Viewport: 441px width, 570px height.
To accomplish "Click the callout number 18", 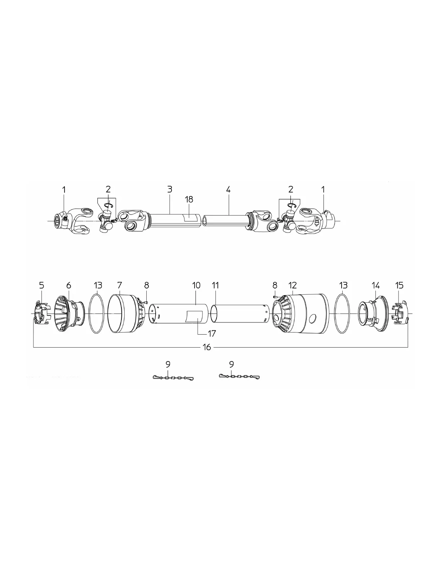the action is (x=189, y=199).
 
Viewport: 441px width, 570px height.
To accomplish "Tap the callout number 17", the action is (x=212, y=333).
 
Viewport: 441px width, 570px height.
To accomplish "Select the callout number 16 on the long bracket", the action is (x=207, y=347).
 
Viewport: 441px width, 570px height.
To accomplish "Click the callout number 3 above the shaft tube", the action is (x=170, y=189).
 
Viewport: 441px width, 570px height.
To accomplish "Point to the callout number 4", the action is (x=228, y=189).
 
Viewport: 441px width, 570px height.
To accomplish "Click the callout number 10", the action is (x=196, y=285).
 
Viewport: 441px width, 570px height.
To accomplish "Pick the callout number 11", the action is (x=215, y=285).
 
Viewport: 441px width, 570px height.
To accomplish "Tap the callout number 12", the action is (x=292, y=285).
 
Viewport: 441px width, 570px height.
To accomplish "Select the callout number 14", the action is (x=375, y=285).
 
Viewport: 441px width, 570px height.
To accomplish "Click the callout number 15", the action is (x=399, y=285).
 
